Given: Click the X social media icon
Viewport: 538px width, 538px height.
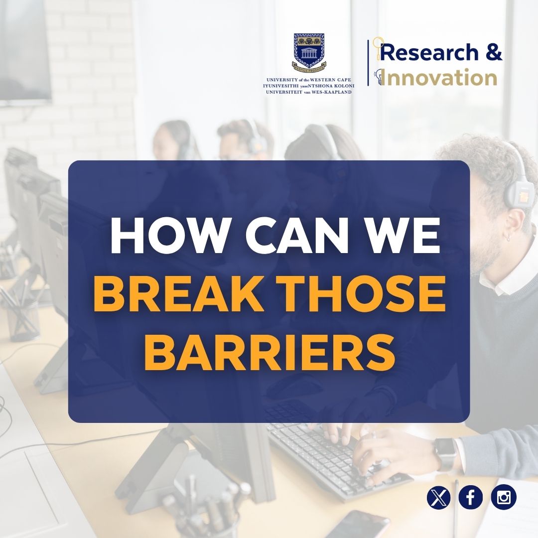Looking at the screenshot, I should point(438,498).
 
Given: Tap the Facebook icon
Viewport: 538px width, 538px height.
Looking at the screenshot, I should point(471,498).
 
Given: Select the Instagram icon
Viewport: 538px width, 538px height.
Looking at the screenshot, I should point(504,498).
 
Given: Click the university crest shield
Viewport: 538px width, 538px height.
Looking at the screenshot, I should point(309,50).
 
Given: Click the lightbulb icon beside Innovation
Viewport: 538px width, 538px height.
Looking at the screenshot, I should point(380,77).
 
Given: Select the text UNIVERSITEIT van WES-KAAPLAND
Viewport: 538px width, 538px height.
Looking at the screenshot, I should point(309,92).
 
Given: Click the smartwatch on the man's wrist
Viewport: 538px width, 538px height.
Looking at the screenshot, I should point(444,453).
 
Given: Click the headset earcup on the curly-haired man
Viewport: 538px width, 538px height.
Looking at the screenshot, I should point(518,189).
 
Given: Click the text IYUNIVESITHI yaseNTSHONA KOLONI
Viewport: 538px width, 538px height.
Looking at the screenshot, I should point(309,86).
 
